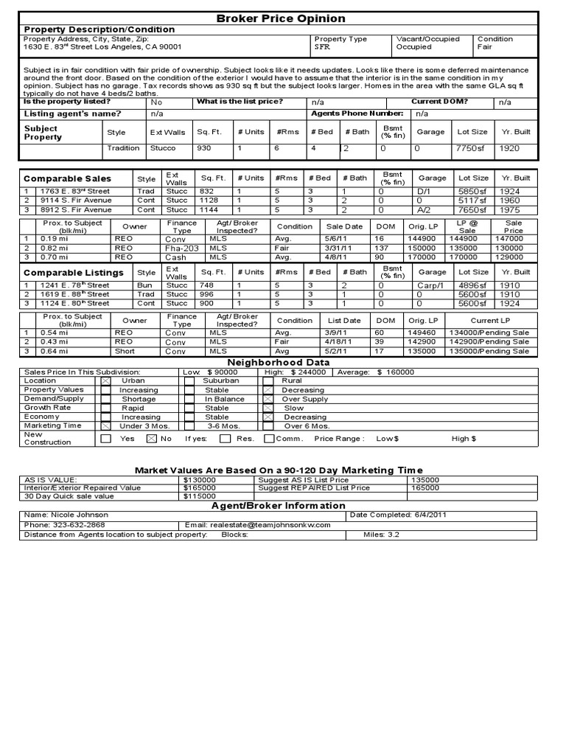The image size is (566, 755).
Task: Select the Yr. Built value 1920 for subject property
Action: [509, 149]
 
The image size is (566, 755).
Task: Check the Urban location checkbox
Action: [106, 381]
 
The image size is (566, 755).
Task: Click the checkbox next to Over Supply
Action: [269, 399]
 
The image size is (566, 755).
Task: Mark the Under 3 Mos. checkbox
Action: [106, 426]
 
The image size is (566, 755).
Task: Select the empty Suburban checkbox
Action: [189, 381]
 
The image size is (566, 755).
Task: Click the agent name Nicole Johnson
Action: [78, 515]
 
